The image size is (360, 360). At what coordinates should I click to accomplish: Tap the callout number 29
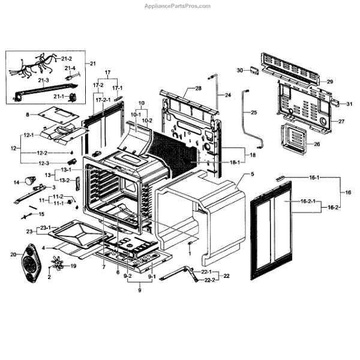pyautogui.click(x=329, y=81)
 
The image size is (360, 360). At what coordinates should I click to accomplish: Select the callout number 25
pyautogui.click(x=254, y=113)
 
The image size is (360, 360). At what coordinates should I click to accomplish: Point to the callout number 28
pyautogui.click(x=198, y=88)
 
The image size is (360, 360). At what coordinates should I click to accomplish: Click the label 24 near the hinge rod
pyautogui.click(x=227, y=95)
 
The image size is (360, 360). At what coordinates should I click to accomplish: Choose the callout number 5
pyautogui.click(x=253, y=174)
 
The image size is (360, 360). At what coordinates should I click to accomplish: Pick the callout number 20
pyautogui.click(x=14, y=255)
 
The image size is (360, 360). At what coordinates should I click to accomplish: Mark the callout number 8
pyautogui.click(x=27, y=114)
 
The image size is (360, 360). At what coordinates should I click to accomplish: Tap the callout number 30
pyautogui.click(x=239, y=70)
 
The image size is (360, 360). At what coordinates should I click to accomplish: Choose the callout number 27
pyautogui.click(x=341, y=121)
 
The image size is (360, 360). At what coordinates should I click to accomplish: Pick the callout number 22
pyautogui.click(x=226, y=276)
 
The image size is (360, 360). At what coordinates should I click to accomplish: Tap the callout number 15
pyautogui.click(x=41, y=214)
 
